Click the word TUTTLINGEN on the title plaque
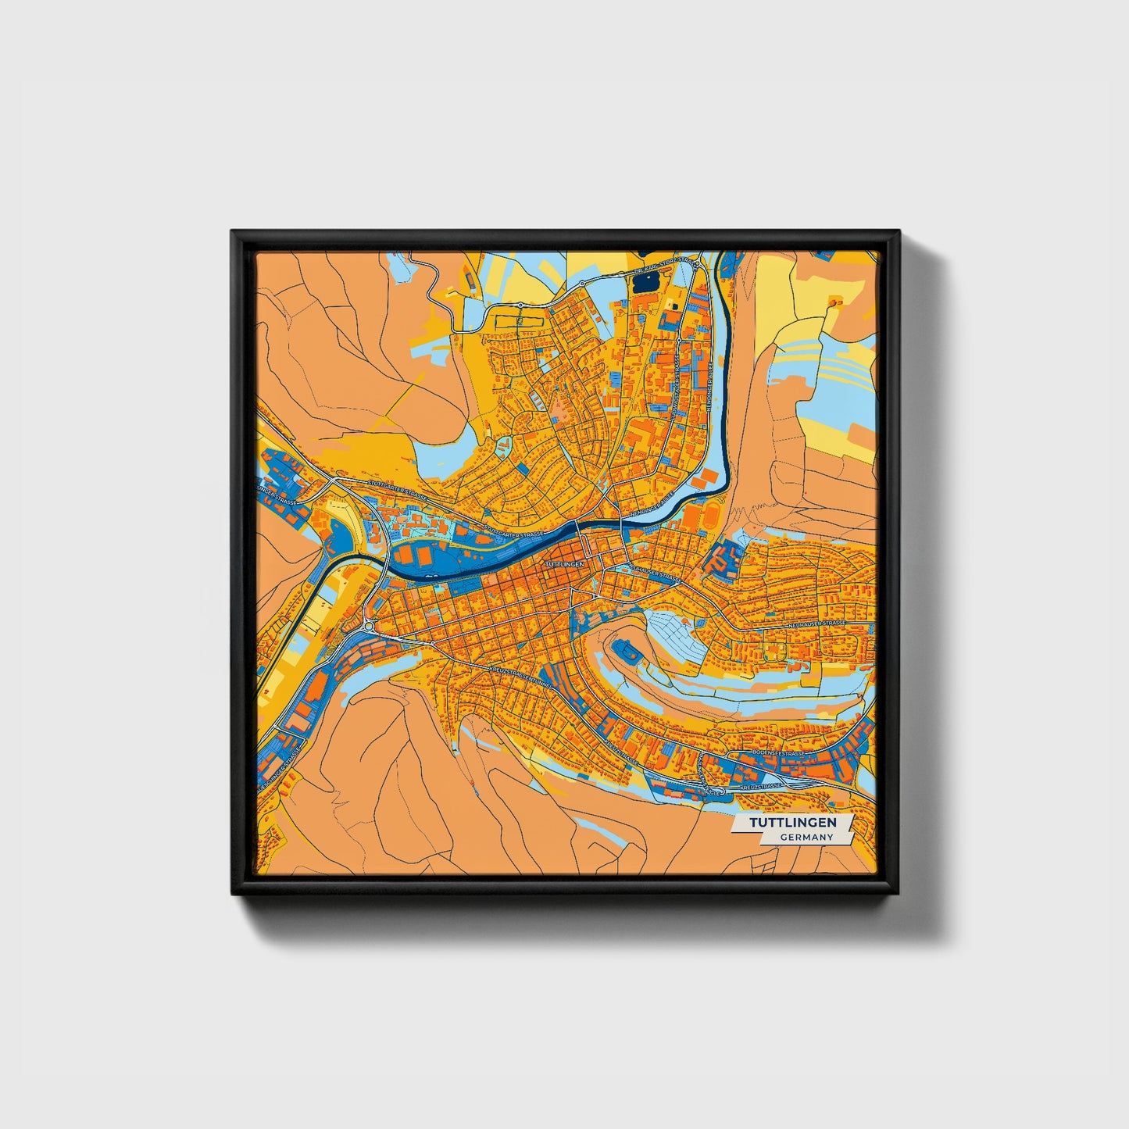coord(792,823)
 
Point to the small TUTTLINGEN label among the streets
coord(564,563)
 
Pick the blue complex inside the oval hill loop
coord(627,650)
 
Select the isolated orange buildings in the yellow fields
coord(835,300)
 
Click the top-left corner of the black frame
coord(233,232)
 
